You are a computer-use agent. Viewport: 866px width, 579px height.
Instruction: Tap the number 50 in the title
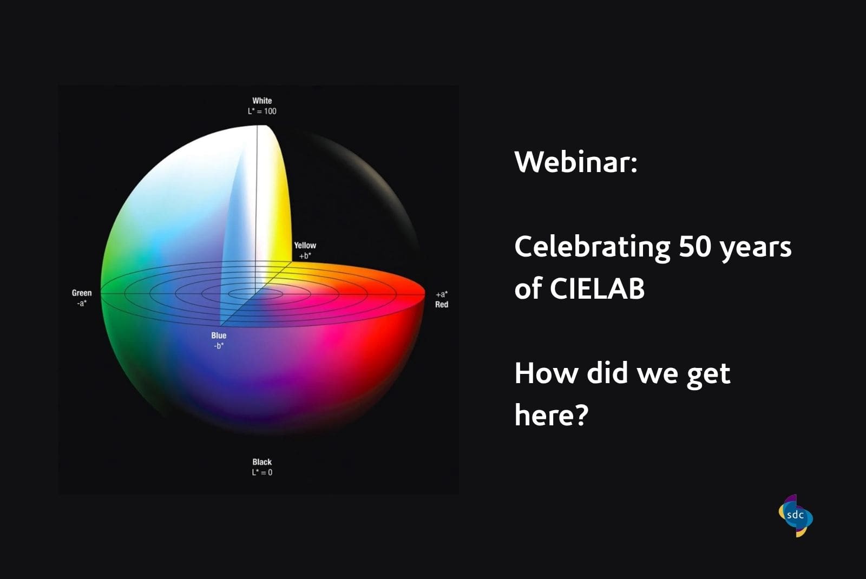(x=695, y=246)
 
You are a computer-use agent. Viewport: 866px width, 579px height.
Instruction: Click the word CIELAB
(x=598, y=288)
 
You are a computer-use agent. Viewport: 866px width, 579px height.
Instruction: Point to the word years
(x=756, y=249)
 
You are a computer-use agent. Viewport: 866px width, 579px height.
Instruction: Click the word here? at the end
(x=552, y=414)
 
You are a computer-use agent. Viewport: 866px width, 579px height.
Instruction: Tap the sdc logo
(x=796, y=516)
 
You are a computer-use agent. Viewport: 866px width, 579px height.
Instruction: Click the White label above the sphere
(x=262, y=101)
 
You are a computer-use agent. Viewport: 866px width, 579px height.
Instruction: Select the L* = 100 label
(x=262, y=111)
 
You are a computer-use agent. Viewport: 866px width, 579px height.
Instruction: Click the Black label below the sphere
(x=262, y=462)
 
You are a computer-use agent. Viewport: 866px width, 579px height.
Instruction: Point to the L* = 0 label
(x=262, y=472)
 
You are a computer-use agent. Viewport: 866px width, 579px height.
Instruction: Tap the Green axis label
(x=82, y=293)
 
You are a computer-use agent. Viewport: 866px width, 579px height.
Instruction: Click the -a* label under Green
(x=82, y=303)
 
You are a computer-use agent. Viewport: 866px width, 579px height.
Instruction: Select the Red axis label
(x=442, y=305)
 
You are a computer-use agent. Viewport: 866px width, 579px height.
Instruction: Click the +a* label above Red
(x=442, y=294)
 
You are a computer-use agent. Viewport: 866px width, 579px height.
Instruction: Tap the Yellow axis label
(x=305, y=246)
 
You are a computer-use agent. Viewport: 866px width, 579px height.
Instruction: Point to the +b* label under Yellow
(x=305, y=256)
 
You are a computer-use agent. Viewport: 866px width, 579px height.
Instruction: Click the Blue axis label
(x=219, y=335)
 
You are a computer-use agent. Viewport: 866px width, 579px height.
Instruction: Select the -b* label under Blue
(x=219, y=346)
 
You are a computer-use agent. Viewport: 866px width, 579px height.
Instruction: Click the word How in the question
(x=546, y=373)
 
